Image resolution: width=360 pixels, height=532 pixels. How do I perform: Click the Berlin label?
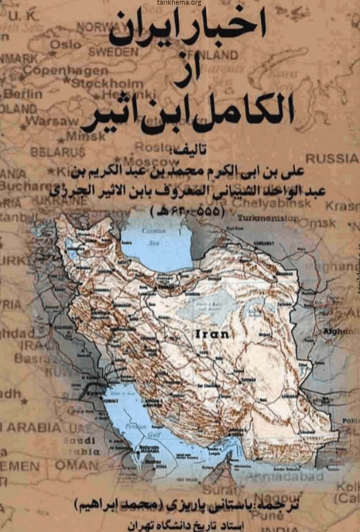(x=22, y=92)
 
